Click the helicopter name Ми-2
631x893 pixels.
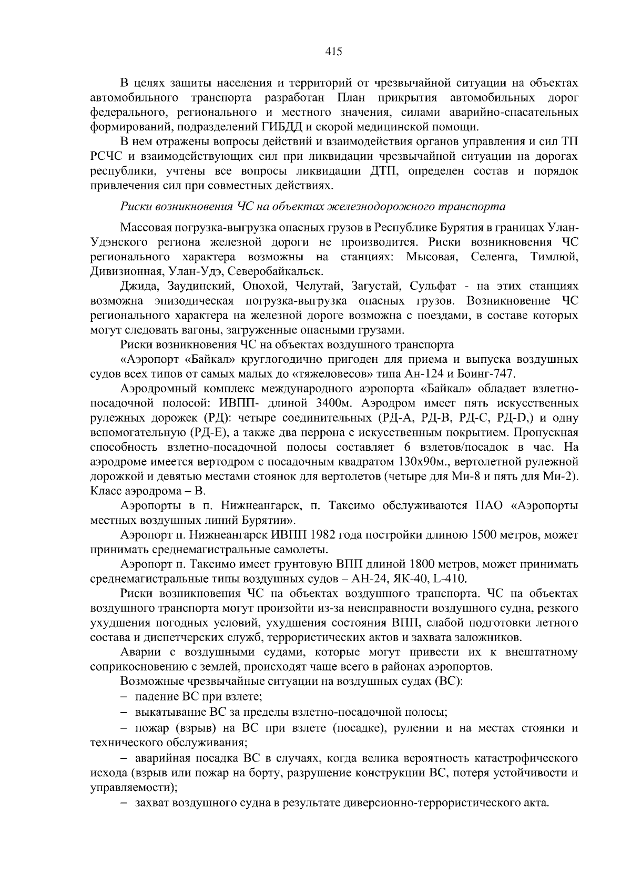tap(562, 476)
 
